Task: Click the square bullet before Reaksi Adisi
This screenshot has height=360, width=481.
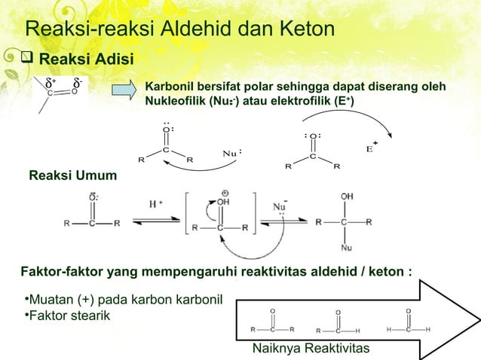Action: (x=29, y=59)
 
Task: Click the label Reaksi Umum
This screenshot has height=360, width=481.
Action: (x=72, y=176)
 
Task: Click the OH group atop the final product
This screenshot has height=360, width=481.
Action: (x=347, y=196)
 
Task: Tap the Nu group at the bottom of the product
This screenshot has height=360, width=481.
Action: (x=347, y=246)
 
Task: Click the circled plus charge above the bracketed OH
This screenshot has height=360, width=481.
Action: (x=223, y=192)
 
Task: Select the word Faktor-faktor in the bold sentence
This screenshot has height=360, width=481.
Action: (x=54, y=270)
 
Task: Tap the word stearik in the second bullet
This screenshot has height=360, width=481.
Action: (x=90, y=314)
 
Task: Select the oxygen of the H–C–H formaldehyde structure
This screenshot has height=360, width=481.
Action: (x=408, y=310)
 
